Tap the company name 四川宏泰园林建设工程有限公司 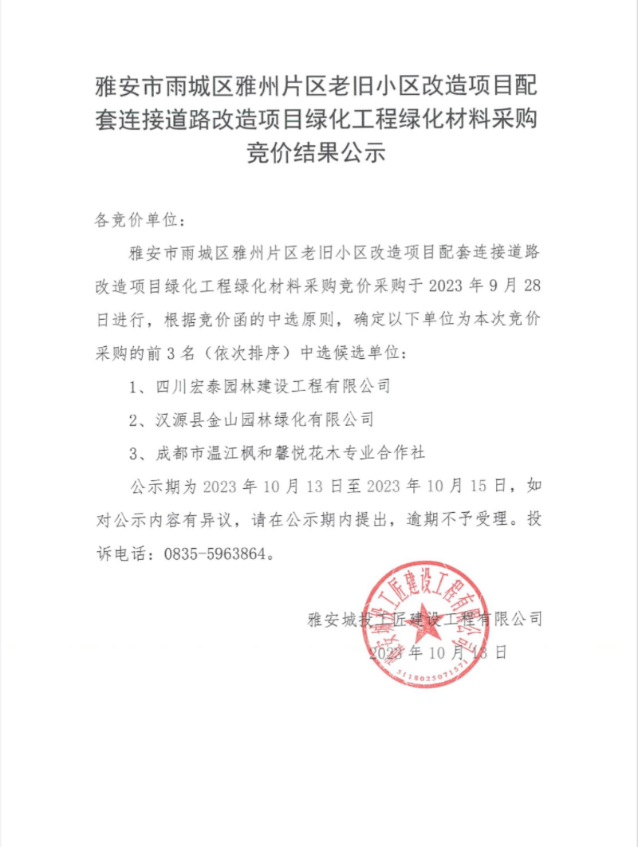pos(273,387)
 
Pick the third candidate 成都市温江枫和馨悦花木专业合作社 pos(291,452)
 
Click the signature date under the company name pos(438,652)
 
